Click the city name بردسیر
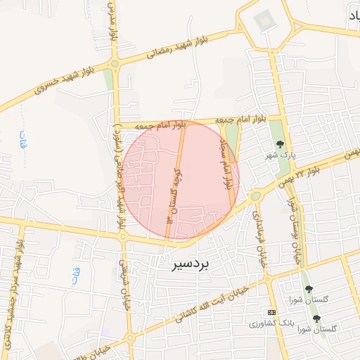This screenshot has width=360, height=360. point(195,266)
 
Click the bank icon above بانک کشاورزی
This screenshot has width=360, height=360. point(271,311)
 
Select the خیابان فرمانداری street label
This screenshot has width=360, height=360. point(259,238)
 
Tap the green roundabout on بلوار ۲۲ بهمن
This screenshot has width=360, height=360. point(255,197)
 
